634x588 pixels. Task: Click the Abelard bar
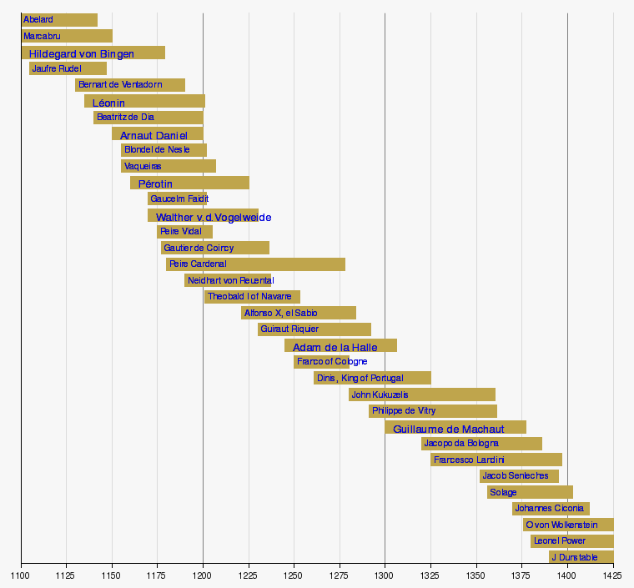[59, 20]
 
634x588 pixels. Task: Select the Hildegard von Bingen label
[81, 54]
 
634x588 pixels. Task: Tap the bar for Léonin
[144, 102]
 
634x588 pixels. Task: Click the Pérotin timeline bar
[189, 183]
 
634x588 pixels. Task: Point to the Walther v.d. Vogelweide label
[214, 218]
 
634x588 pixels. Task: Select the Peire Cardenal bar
[255, 264]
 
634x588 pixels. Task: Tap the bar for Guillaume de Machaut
[455, 428]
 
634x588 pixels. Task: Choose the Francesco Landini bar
[496, 460]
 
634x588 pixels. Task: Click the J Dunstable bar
[581, 557]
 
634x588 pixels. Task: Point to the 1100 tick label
[21, 575]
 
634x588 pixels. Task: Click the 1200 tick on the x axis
[203, 575]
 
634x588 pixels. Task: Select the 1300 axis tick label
[385, 575]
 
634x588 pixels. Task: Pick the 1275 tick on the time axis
[339, 575]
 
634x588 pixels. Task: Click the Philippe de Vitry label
[404, 411]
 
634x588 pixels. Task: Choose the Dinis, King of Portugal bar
[372, 378]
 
